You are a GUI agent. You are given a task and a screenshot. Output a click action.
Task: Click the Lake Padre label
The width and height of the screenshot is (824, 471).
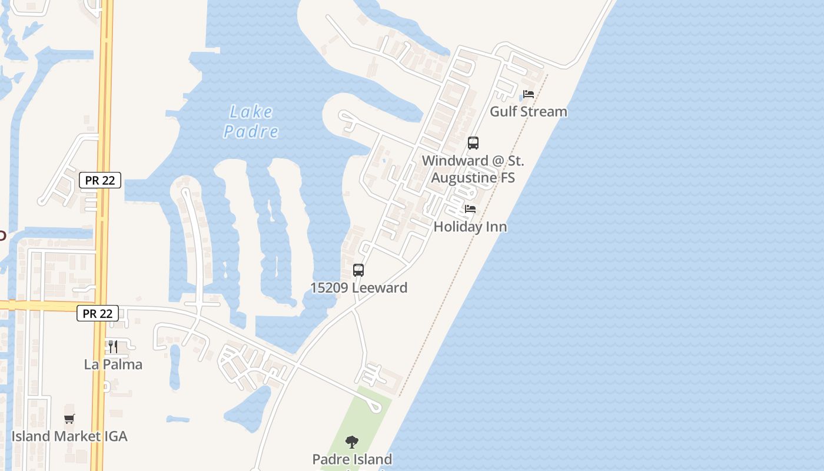pos(251,121)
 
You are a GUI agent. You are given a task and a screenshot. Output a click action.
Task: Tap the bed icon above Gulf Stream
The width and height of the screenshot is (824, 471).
pos(529,94)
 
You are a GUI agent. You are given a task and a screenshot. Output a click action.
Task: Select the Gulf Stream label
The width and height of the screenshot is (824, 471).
pos(529,111)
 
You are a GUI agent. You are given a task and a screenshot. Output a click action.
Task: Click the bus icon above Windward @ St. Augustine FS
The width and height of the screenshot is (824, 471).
pos(473,143)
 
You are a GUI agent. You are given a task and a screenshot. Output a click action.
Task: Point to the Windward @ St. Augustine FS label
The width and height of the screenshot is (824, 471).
pos(473,168)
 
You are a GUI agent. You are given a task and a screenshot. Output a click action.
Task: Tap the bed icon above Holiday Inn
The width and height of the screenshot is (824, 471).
pos(470,209)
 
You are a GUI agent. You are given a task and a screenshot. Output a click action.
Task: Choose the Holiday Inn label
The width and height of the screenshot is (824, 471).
pos(470,227)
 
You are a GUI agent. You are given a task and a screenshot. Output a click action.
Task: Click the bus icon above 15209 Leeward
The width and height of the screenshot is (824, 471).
pos(358,270)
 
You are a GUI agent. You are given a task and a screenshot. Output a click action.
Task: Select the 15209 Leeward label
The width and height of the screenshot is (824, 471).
pos(359,288)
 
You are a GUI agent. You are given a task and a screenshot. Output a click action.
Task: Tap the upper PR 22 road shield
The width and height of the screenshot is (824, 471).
pos(100,180)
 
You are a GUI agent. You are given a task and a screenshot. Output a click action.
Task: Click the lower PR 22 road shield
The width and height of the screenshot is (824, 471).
pos(98,314)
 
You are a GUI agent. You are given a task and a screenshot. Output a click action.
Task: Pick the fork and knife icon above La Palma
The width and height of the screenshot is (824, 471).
pos(113,346)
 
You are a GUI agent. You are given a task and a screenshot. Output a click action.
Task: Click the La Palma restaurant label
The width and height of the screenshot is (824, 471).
pos(113,364)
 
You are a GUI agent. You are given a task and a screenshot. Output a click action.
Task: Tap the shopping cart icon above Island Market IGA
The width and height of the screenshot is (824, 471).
pos(69,419)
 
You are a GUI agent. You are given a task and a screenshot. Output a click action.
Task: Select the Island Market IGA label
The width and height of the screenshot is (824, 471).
pos(69,436)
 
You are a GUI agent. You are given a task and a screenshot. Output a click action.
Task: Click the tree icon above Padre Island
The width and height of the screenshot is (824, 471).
pos(352,442)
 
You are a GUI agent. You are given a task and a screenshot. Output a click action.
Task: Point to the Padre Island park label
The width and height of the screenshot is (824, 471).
pos(352,459)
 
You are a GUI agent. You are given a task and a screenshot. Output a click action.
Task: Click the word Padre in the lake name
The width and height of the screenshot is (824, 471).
pos(251,131)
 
